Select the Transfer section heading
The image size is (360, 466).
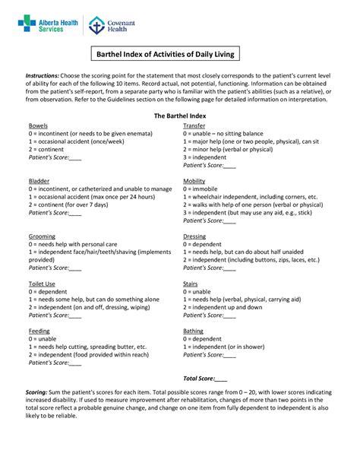point(194,125)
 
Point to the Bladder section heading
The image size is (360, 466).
point(38,180)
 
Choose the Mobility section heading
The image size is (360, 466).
point(194,180)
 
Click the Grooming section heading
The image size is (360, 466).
point(41,236)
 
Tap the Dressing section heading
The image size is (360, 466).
point(195,236)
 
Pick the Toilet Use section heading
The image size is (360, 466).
point(43,284)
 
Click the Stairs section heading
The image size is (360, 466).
point(191,284)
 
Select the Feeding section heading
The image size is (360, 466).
point(39,331)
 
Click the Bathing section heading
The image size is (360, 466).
point(194,331)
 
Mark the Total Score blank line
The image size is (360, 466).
point(221,377)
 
